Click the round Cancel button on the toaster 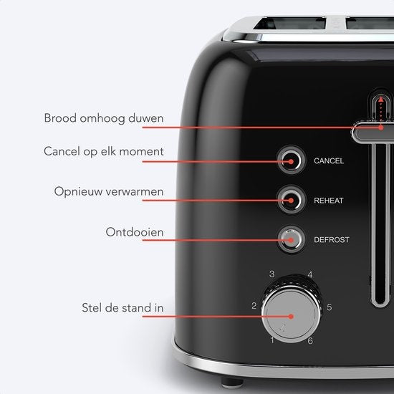click(292, 160)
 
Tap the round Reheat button click(292, 200)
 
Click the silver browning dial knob click(292, 313)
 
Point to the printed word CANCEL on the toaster click(329, 160)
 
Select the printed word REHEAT click(329, 201)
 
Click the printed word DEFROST click(332, 240)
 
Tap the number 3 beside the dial click(272, 274)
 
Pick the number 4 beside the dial click(310, 274)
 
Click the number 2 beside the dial click(254, 306)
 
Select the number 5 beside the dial click(330, 307)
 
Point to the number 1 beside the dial click(272, 340)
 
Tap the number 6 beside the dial click(310, 341)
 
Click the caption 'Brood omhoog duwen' click(104, 118)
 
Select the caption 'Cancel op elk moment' click(104, 152)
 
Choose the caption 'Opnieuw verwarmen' click(109, 192)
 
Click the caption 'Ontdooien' click(135, 232)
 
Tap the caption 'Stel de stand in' click(122, 308)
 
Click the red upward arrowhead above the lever click(381, 99)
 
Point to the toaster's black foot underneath click(232, 383)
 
